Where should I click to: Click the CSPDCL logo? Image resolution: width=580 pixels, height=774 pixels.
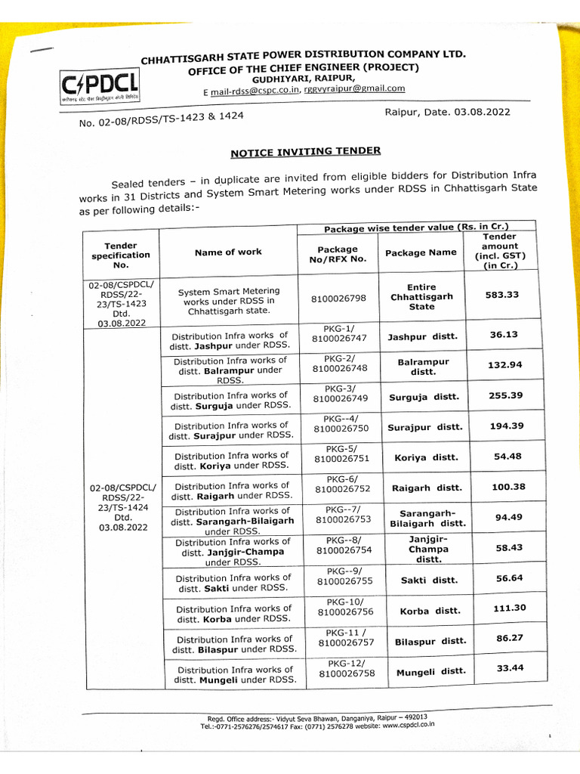click(94, 89)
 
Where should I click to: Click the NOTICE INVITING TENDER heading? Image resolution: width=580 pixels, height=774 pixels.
click(305, 152)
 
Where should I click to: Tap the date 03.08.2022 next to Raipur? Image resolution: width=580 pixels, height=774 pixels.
click(482, 112)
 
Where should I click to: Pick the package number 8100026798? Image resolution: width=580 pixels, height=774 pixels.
click(338, 299)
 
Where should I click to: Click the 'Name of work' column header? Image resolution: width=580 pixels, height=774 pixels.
click(228, 252)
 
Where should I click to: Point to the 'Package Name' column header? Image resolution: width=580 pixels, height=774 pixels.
click(421, 252)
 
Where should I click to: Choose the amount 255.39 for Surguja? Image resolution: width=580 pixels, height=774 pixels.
click(505, 395)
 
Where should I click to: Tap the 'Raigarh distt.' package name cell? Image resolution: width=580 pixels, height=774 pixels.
click(427, 488)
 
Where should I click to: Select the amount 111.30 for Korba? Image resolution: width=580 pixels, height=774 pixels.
click(509, 608)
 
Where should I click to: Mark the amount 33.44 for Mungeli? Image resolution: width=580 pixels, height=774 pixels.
click(511, 667)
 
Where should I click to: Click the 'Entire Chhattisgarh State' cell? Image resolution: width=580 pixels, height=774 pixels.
click(421, 297)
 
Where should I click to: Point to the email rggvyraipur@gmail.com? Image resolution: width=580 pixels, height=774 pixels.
click(354, 88)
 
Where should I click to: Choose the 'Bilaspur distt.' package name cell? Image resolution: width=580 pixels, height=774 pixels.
click(430, 641)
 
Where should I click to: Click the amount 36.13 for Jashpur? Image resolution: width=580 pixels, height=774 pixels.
click(503, 334)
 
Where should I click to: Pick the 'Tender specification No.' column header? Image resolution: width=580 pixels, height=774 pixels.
click(121, 255)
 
